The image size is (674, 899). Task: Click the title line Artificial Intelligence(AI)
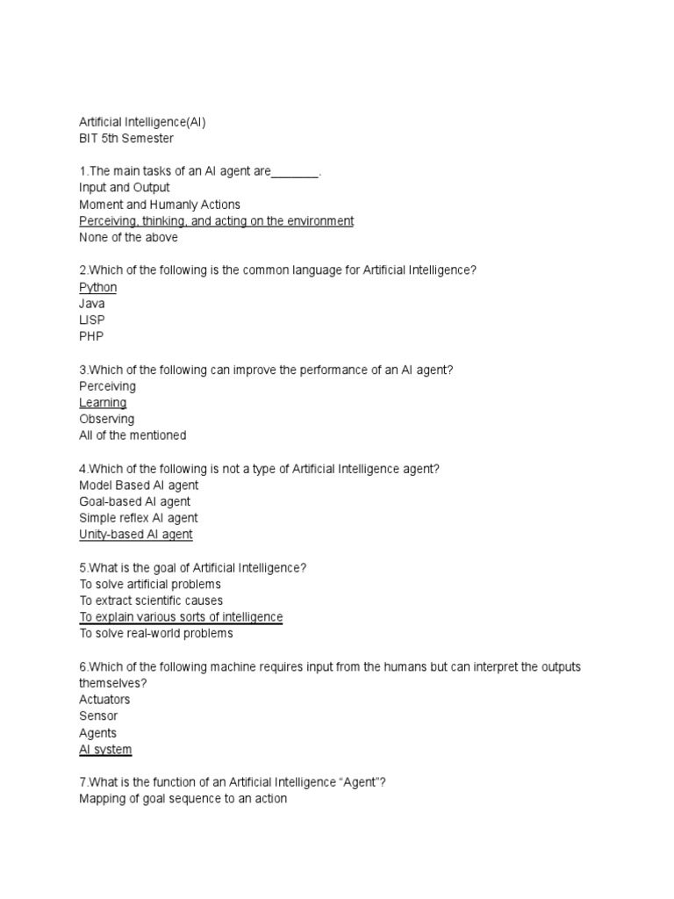tap(142, 122)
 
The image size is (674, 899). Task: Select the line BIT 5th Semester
tap(126, 139)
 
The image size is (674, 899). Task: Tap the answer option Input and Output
tap(125, 188)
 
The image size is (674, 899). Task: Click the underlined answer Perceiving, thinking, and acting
tap(216, 221)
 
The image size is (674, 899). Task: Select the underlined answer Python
tap(97, 287)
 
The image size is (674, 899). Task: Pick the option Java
tap(92, 304)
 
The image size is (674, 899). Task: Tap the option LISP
tap(92, 320)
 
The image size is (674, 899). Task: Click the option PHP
tap(91, 336)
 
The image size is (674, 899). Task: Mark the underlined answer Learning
tap(103, 402)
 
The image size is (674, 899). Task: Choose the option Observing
tap(106, 419)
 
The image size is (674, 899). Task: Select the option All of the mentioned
tap(133, 435)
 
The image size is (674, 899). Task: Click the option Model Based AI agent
tap(139, 485)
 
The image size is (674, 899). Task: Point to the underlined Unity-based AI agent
tap(136, 534)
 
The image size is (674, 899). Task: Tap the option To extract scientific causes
tap(151, 601)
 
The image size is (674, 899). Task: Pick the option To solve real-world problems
tap(156, 633)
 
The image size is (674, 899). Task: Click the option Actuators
tap(104, 700)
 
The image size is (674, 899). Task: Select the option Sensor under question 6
tap(98, 716)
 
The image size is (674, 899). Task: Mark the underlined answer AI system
tap(105, 749)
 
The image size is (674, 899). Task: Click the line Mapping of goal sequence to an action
tap(183, 799)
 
